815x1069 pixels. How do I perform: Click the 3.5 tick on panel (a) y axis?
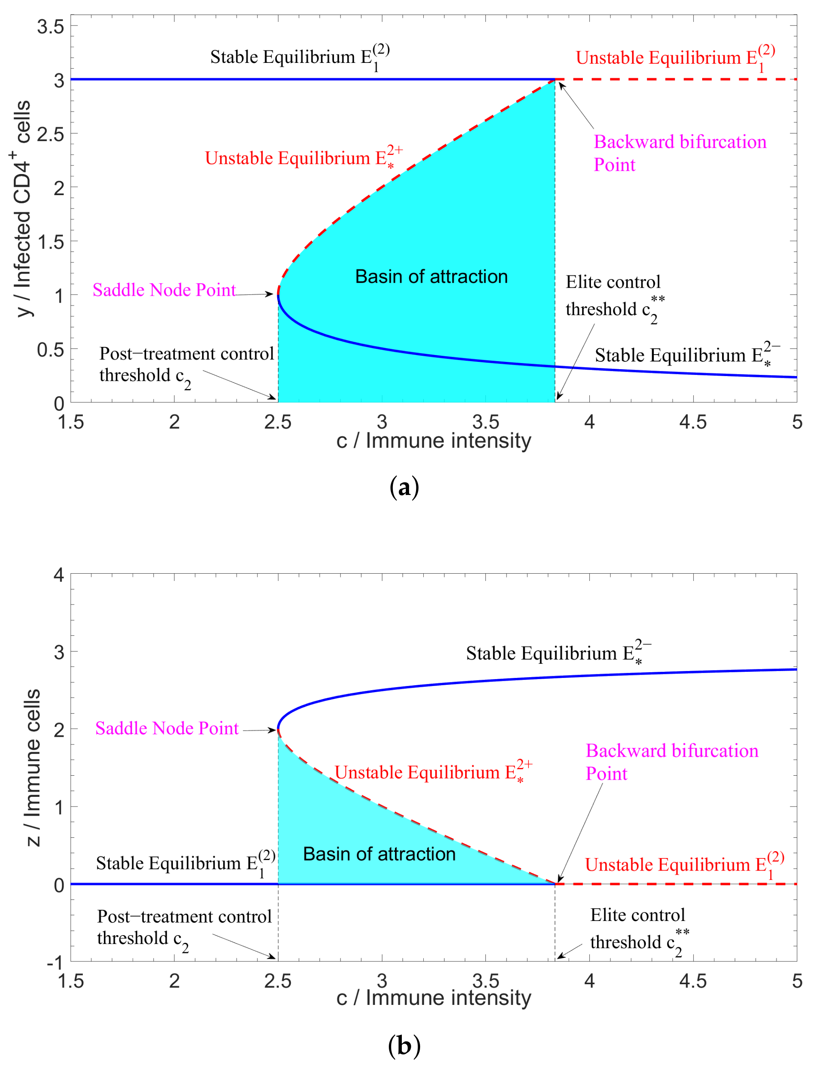(x=50, y=27)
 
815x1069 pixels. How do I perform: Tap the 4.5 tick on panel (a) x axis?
(x=692, y=422)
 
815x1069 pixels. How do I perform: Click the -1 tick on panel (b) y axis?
(x=55, y=962)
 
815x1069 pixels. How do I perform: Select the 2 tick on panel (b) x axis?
(x=174, y=981)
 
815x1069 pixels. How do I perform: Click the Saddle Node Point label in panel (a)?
(x=164, y=290)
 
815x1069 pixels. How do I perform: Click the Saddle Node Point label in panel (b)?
(x=166, y=728)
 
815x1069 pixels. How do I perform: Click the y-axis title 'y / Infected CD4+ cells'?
(x=22, y=209)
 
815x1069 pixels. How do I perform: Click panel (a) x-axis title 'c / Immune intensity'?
(x=434, y=441)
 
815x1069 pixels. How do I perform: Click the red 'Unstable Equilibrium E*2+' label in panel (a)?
(x=303, y=158)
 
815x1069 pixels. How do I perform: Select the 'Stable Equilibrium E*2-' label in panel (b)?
(x=558, y=653)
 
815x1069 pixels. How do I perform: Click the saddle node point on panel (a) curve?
(x=278, y=294)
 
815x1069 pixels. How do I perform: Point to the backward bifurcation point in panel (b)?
(x=555, y=884)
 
